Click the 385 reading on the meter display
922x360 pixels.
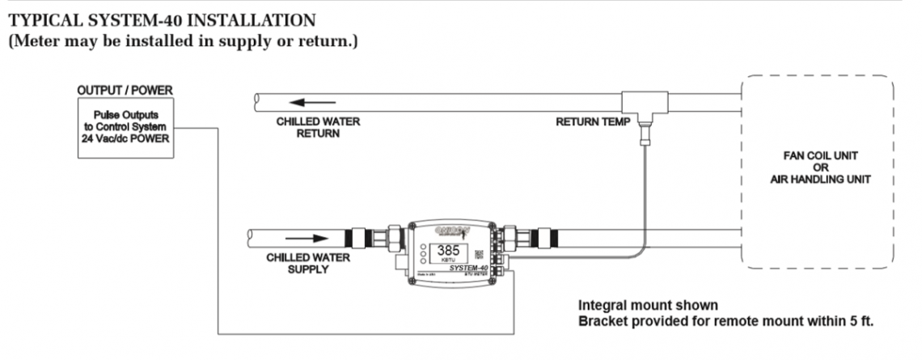449,251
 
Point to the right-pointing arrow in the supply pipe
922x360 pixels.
308,239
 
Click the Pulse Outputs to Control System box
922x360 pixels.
125,125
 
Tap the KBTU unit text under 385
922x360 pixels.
448,263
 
